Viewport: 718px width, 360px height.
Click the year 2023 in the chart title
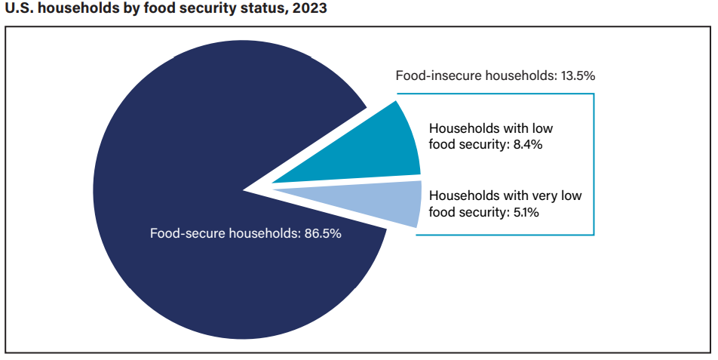[x=311, y=9]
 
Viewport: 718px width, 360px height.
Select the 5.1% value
[x=523, y=212]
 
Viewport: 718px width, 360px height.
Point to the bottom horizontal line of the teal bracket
[x=505, y=235]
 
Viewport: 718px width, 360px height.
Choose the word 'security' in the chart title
[x=221, y=9]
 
